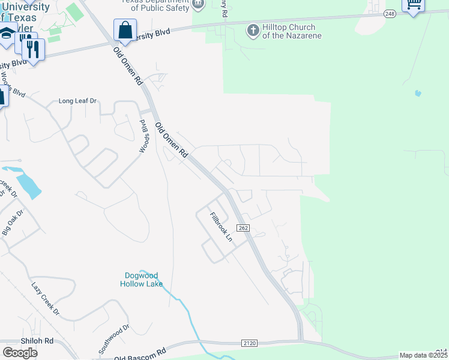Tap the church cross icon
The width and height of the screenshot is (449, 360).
pos(253,30)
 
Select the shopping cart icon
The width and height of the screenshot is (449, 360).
pos(413,5)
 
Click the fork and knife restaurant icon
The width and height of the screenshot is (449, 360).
pos(34,49)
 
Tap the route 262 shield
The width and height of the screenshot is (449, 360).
pos(243,228)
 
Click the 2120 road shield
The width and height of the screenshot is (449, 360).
pos(250,343)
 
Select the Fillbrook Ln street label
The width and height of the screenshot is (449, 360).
pos(220,226)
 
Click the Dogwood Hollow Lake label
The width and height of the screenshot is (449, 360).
pos(141,280)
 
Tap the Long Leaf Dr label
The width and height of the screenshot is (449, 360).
pos(77,101)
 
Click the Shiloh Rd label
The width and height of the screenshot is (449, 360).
pos(37,341)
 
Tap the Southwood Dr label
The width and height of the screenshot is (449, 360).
pos(115,340)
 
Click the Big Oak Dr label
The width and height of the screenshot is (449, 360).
pos(13,221)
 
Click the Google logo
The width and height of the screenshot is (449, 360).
pos(19,353)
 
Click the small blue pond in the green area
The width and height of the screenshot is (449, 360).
pos(418,94)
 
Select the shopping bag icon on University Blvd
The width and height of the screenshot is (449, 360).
pos(125,30)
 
